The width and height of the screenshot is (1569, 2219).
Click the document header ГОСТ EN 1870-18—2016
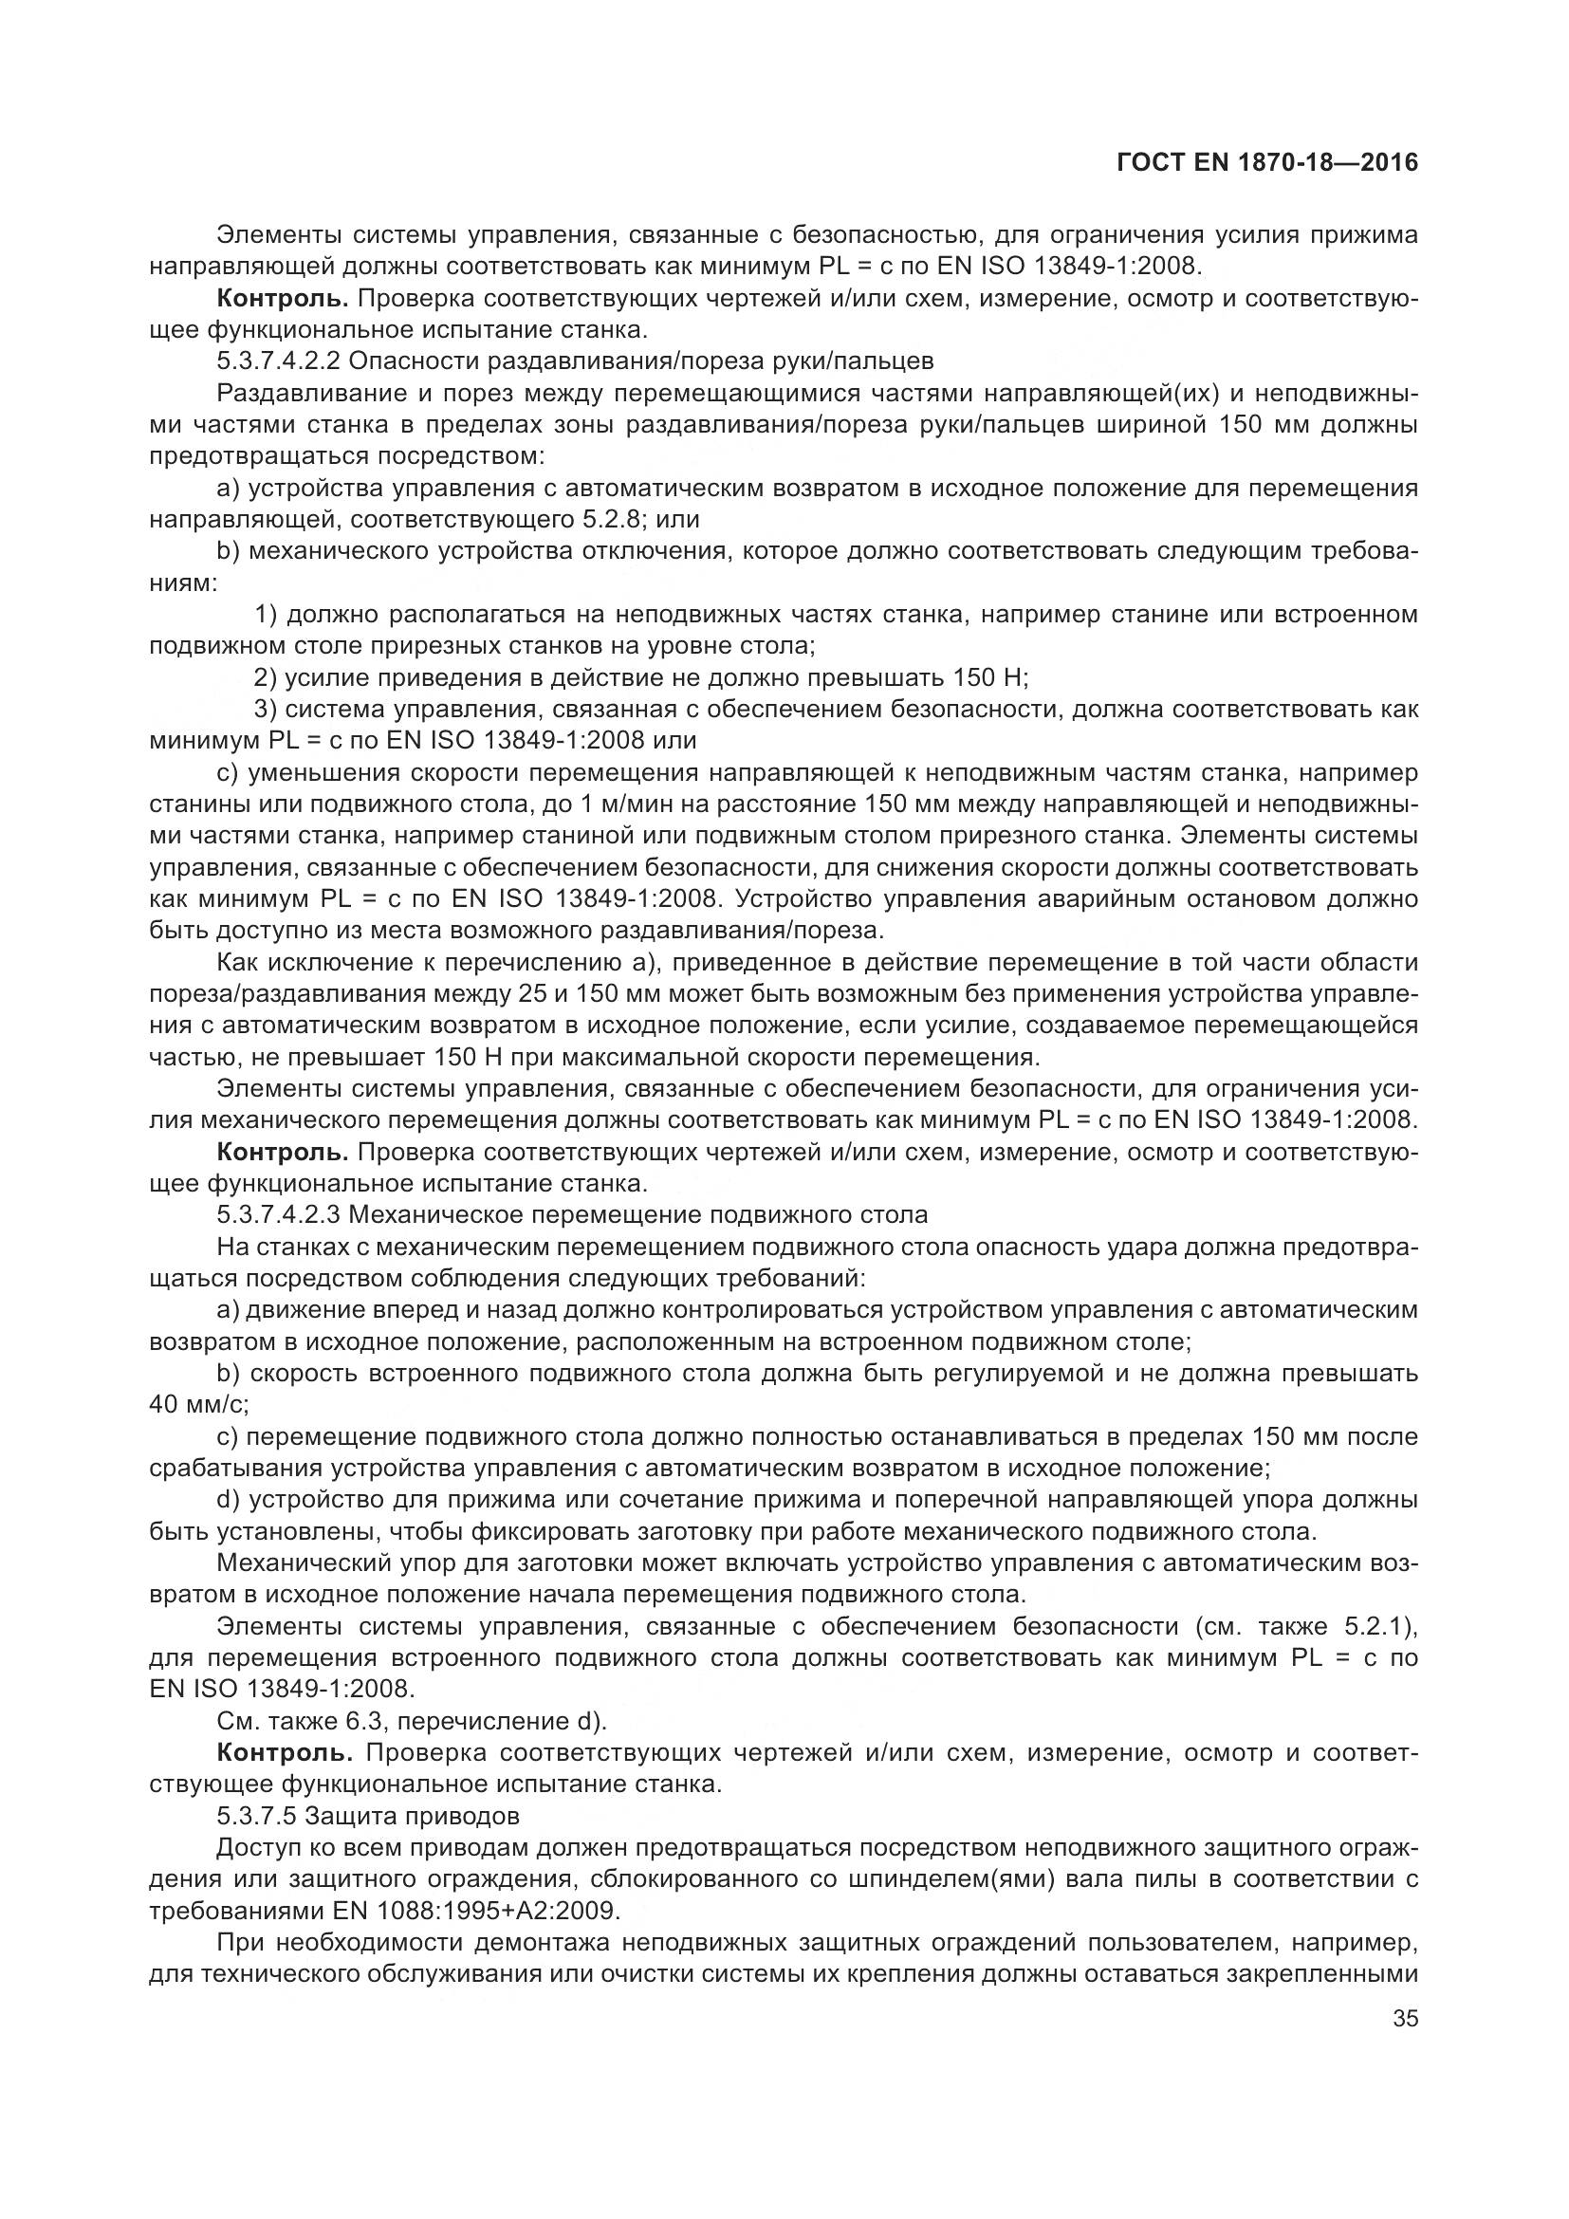(x=1266, y=162)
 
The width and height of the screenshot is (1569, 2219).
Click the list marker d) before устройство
(x=229, y=1499)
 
